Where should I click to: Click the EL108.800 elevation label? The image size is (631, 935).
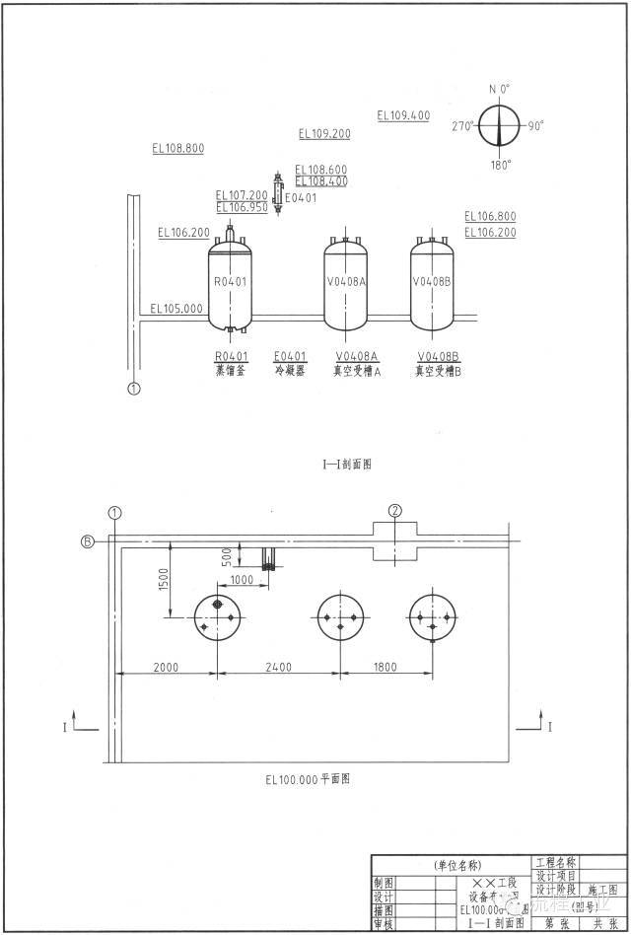[178, 148]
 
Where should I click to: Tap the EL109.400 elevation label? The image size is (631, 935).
[403, 115]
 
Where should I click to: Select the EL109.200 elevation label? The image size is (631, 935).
[324, 133]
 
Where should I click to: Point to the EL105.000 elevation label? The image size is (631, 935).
[176, 308]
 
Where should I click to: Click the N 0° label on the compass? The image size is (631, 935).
[500, 89]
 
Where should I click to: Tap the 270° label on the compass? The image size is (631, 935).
[462, 126]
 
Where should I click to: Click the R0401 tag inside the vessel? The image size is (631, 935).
[230, 281]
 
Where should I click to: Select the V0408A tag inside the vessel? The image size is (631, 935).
[346, 281]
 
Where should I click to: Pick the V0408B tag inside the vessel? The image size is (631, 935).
[432, 281]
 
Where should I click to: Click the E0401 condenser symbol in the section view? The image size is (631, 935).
[277, 194]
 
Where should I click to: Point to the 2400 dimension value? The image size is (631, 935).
[278, 667]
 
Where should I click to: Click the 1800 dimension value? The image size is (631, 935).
[385, 667]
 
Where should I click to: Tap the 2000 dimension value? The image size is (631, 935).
[167, 667]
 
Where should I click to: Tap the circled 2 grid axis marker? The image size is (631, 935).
[395, 510]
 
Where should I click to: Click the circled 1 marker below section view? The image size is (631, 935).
[134, 389]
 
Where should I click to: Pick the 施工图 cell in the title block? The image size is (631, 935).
[601, 889]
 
